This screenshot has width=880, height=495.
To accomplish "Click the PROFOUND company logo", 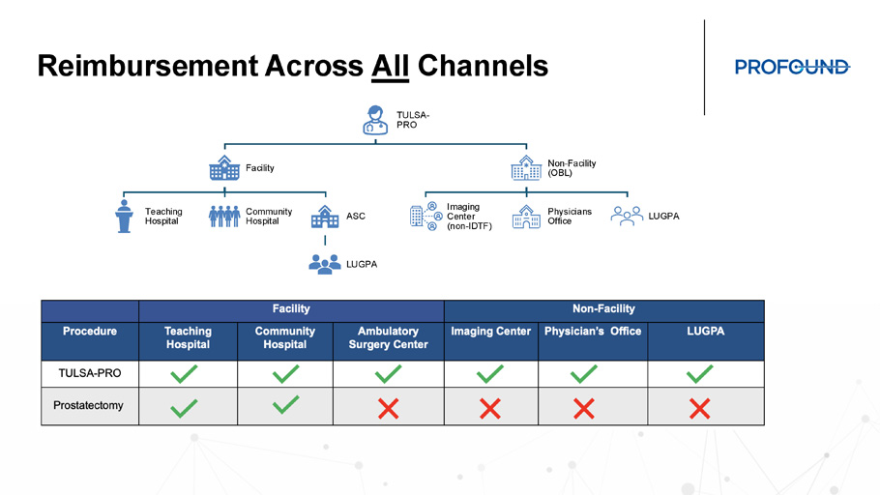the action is tap(792, 68).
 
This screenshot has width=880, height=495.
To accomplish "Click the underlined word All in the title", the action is tap(390, 66).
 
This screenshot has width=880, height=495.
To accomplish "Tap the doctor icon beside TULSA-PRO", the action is tap(375, 120).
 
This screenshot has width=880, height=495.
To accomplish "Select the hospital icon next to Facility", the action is tap(224, 168).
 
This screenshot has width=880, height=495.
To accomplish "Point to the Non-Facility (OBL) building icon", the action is tap(526, 168).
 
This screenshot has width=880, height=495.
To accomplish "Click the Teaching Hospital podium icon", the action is tap(124, 216).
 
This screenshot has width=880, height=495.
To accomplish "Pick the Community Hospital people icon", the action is tap(224, 216).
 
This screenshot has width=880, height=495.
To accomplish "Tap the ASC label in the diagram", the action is tap(356, 216).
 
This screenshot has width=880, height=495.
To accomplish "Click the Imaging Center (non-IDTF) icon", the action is tap(425, 216).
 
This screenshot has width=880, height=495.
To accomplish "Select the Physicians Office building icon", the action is tap(526, 217).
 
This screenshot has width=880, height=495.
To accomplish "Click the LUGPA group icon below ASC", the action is tap(325, 264).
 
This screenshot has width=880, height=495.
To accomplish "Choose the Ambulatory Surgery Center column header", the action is tap(389, 337).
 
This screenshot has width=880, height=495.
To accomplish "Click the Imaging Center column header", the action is tap(491, 331).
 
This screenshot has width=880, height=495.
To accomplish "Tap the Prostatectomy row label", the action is tap(88, 405).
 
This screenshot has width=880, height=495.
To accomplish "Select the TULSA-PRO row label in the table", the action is tap(90, 373).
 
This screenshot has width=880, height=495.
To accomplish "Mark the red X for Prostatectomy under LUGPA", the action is tap(700, 409).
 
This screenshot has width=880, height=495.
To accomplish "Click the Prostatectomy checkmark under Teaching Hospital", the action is tap(184, 408).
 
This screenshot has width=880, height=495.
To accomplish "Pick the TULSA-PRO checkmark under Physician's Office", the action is tap(584, 374).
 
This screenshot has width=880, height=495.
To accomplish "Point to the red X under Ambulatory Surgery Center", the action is tap(389, 409).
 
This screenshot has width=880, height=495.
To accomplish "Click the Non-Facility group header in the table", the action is tap(603, 308).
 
